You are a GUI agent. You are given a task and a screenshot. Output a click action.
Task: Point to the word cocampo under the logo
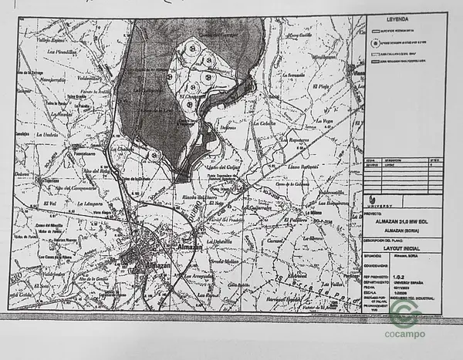(x=404, y=335)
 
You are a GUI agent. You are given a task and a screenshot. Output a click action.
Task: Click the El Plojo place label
(x=323, y=86)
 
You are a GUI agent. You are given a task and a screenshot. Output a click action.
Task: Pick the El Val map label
(x=51, y=202)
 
